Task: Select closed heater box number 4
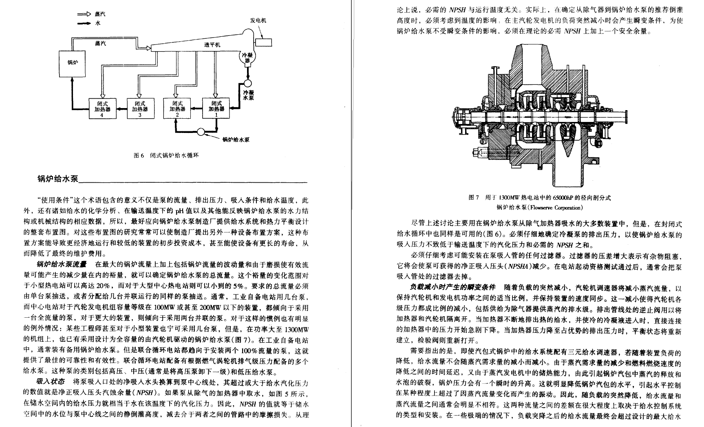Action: point(102,108)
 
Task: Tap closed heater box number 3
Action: point(140,108)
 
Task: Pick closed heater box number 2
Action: point(177,108)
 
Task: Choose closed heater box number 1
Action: point(216,108)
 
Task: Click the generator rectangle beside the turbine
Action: point(263,42)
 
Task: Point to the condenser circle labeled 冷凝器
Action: point(247,58)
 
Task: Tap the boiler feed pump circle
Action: point(201,131)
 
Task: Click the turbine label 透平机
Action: point(212,44)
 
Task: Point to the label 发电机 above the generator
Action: point(258,20)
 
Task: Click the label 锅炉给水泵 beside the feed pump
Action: point(236,139)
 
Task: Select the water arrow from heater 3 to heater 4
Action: point(121,109)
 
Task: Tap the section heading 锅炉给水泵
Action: point(57,179)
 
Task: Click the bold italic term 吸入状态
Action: point(51,382)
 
